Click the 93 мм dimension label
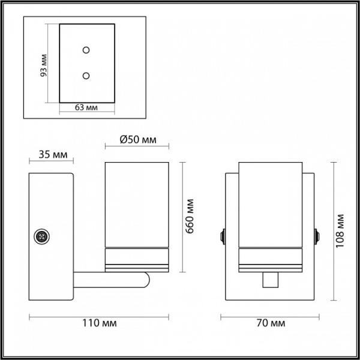[43, 65]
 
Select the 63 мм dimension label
[86, 107]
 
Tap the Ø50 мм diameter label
[138, 139]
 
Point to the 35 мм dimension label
[53, 155]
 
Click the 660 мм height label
[190, 216]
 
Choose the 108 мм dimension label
[340, 231]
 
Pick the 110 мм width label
[100, 323]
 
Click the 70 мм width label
[271, 323]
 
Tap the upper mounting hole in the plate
[86, 50]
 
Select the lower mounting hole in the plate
[86, 76]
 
